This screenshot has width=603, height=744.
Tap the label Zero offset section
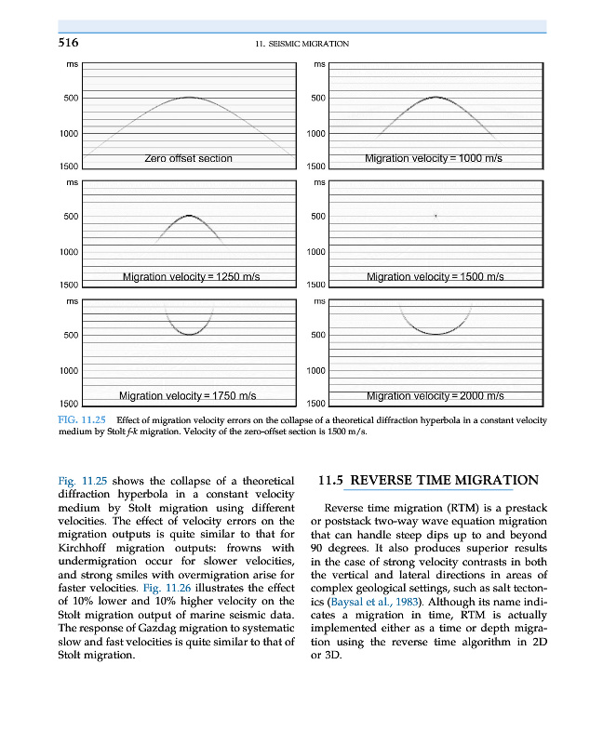pos(188,158)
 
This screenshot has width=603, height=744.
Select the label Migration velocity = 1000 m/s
pos(434,158)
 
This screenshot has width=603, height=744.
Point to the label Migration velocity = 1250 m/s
pos(191,276)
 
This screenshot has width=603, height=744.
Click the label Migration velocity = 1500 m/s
pos(435,276)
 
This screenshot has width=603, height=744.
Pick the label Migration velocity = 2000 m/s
pos(435,396)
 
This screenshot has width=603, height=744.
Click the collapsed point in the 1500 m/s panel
pos(435,216)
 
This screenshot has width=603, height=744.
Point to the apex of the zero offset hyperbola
pos(189,97)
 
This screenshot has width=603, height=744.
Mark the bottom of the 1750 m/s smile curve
pos(189,335)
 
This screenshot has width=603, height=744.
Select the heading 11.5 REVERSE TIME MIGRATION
pos(428,480)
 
